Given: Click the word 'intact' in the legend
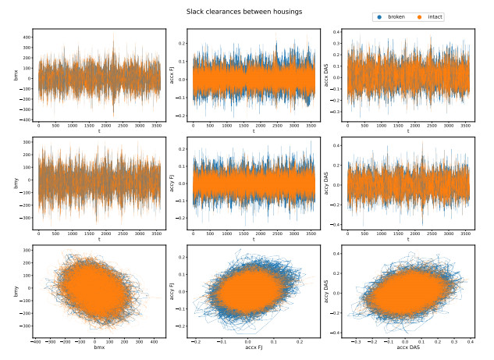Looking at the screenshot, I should [434, 16].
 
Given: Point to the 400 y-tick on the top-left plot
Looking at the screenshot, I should [26, 37].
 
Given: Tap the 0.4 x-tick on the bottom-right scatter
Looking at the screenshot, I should [471, 341].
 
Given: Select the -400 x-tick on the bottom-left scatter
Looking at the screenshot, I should [36, 341].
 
